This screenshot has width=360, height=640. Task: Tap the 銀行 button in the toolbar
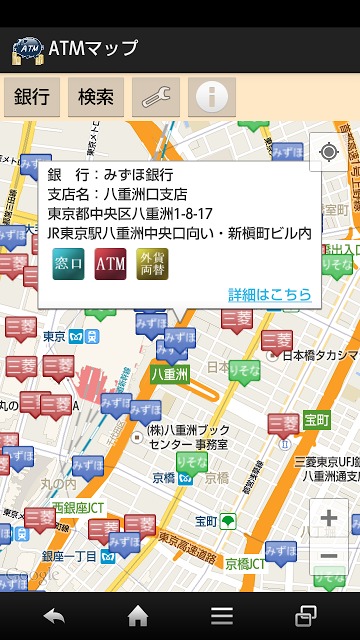[x=32, y=97]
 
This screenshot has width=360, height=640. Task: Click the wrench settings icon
[x=156, y=97]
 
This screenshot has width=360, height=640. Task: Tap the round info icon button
[x=212, y=97]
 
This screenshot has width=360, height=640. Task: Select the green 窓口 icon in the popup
[x=68, y=264]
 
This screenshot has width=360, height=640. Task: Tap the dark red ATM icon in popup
[x=111, y=264]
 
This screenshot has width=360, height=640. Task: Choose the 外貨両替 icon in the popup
[x=153, y=264]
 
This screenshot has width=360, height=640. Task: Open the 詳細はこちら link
[x=269, y=295]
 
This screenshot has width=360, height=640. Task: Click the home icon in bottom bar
[x=138, y=615]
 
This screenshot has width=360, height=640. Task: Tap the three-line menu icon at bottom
[x=222, y=615]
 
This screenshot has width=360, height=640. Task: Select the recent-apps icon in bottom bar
[x=306, y=615]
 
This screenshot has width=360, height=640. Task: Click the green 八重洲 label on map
[x=170, y=373]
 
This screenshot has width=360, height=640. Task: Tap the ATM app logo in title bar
[x=27, y=48]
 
